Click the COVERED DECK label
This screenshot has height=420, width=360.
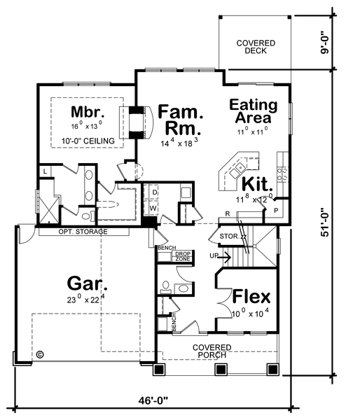click(255, 48)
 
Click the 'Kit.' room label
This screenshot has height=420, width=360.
click(257, 184)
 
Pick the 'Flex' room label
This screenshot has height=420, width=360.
click(251, 295)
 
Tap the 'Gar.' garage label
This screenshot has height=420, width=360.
click(88, 283)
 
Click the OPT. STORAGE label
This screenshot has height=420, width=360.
click(83, 232)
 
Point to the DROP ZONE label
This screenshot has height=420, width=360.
click(183, 256)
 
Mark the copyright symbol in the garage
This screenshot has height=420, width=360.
click(40, 354)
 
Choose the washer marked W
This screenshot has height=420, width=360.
click(153, 208)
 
